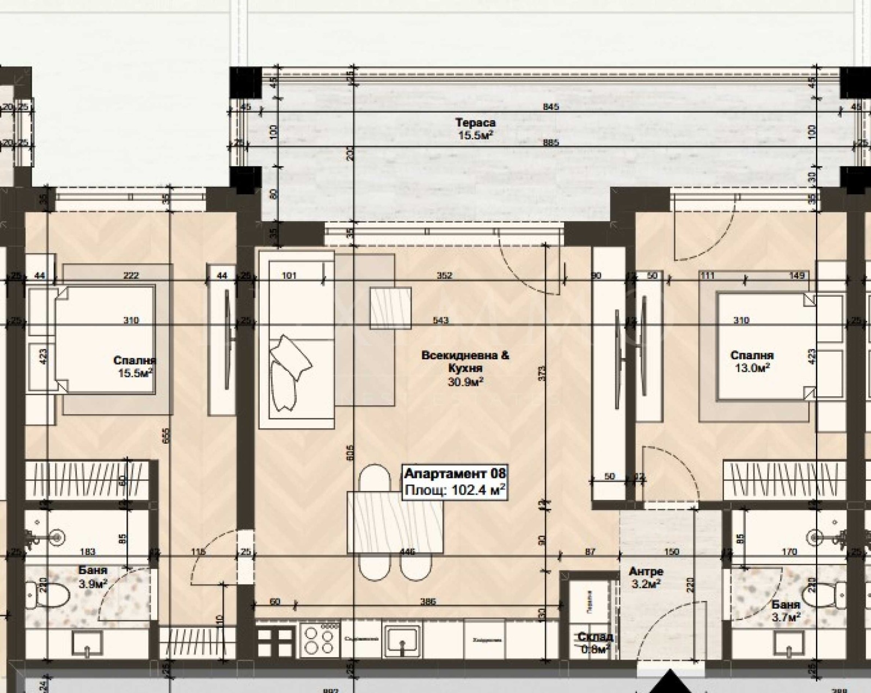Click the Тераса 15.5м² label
coord(475,129)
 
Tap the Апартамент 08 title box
coord(455,482)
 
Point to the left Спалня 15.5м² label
coord(134,366)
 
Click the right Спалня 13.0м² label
coord(751,361)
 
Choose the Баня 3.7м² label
coord(786,611)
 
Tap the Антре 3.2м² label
coord(646,578)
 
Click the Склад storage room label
coord(595,642)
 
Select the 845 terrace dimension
coord(551,107)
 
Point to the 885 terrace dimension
coord(551,143)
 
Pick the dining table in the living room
coord(395,522)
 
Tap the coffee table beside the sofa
coord(390,308)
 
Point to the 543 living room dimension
coord(440,320)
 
